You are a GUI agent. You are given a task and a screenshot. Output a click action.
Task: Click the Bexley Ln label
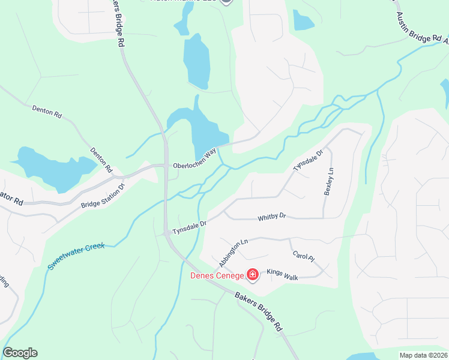coord(328,181)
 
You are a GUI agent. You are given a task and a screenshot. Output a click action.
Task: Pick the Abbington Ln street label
coord(233,254)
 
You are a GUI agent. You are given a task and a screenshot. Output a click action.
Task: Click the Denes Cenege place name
coord(217,276)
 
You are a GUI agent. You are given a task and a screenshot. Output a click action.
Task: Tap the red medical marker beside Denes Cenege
coord(253,275)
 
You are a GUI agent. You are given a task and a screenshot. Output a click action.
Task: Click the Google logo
coord(20,353)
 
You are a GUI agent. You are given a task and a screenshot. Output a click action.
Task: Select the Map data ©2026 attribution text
coord(423,355)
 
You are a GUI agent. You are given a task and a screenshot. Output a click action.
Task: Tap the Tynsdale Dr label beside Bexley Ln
coord(308,160)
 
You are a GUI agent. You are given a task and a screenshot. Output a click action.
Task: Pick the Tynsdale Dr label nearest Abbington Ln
coord(190,227)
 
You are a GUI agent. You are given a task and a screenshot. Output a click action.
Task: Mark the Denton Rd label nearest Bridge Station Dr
coord(101,161)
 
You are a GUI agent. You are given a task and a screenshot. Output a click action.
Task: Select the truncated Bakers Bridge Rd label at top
coord(118,24)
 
